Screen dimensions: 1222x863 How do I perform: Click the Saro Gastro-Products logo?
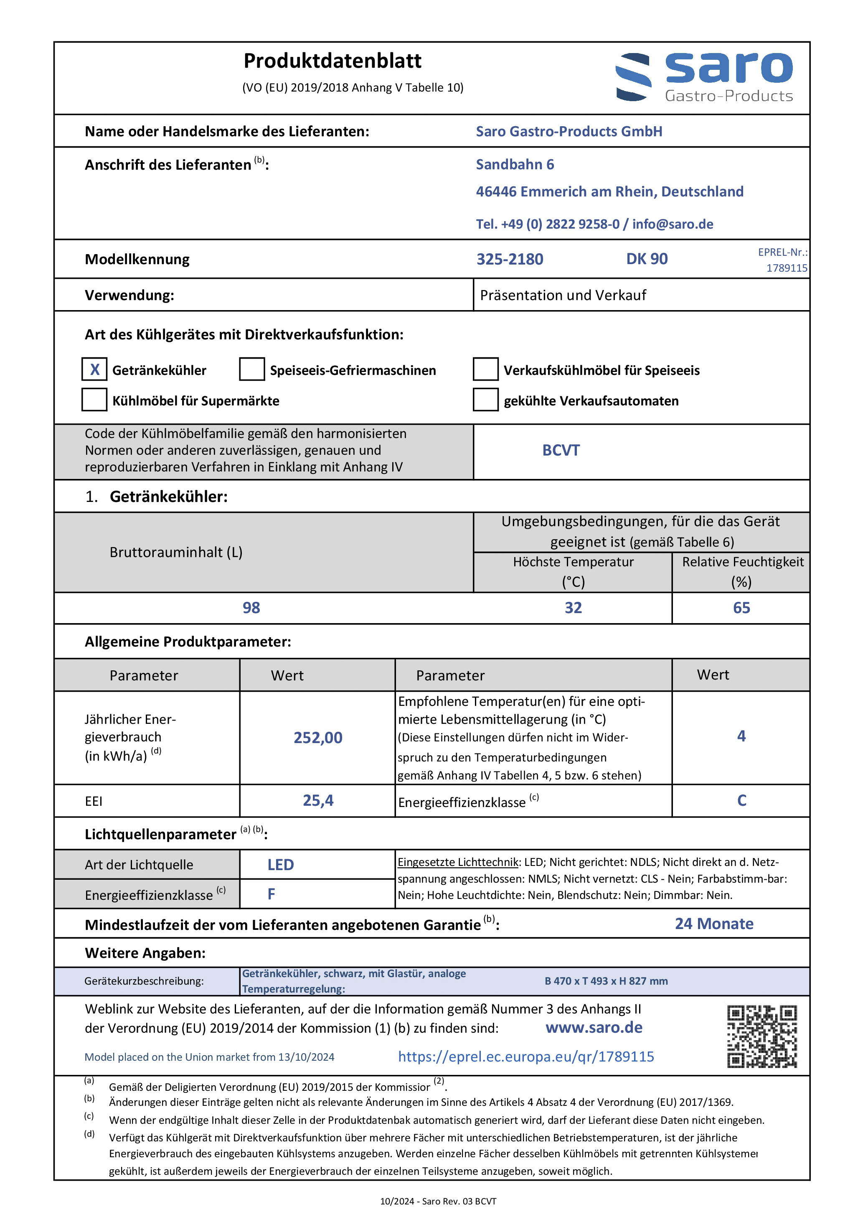[x=704, y=77]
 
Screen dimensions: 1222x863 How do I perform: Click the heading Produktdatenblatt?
[x=332, y=61]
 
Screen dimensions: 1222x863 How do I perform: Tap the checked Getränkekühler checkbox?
[x=94, y=369]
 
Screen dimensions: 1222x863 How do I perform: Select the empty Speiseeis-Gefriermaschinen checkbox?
[x=251, y=369]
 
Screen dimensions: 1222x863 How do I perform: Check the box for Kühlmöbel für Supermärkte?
[x=94, y=400]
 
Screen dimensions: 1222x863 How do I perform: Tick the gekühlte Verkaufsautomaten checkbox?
[x=485, y=400]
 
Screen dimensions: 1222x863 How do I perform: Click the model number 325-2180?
[x=509, y=259]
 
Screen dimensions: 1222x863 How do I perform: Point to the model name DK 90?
[x=647, y=259]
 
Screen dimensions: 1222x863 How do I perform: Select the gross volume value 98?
[x=251, y=608]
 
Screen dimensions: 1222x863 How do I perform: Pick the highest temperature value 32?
[x=573, y=608]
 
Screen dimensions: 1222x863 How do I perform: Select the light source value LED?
[x=280, y=865]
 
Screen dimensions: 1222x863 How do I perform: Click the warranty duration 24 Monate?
[x=714, y=924]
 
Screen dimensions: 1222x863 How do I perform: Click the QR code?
[x=762, y=1036]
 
